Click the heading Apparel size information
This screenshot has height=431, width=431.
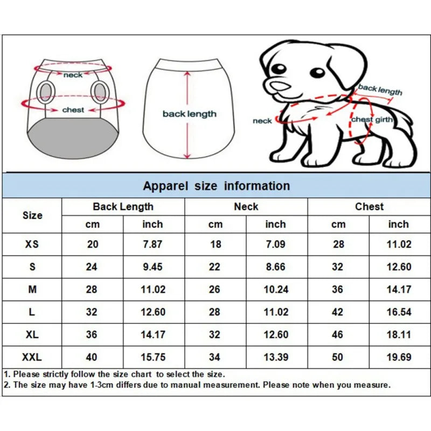click(216, 186)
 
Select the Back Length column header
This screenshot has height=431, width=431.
click(123, 206)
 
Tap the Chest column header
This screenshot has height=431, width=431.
click(369, 206)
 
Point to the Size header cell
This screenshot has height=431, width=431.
click(32, 215)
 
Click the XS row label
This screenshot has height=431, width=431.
click(32, 244)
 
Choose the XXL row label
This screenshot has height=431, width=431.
click(32, 357)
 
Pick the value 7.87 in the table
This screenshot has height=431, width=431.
click(152, 244)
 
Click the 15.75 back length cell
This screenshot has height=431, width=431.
click(152, 357)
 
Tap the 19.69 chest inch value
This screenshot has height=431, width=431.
click(399, 357)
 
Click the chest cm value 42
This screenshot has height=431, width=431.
click(338, 312)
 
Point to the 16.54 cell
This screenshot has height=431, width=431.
click(399, 312)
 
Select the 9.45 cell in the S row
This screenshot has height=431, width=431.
click(152, 267)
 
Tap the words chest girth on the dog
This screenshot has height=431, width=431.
click(372, 120)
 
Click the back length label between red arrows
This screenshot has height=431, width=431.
click(189, 114)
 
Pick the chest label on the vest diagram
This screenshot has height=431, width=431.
click(73, 110)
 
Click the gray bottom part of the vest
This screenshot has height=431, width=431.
click(73, 139)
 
